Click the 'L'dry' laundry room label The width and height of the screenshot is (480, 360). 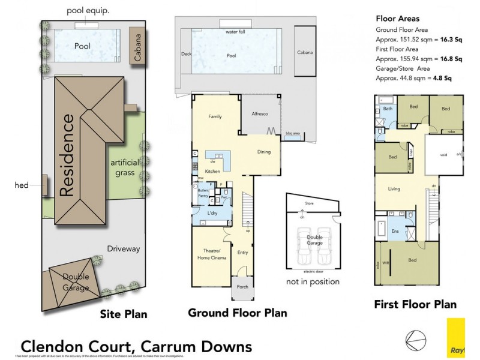[x=212, y=214]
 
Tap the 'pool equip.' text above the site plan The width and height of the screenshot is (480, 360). [x=89, y=10]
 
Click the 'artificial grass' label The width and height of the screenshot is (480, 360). [x=124, y=169]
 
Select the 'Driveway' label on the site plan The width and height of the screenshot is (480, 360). [x=123, y=248]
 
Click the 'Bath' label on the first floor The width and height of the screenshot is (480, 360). [x=388, y=109]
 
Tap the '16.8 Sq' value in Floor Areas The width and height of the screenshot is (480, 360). [x=449, y=59]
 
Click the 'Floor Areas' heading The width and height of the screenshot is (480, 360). [x=398, y=18]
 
